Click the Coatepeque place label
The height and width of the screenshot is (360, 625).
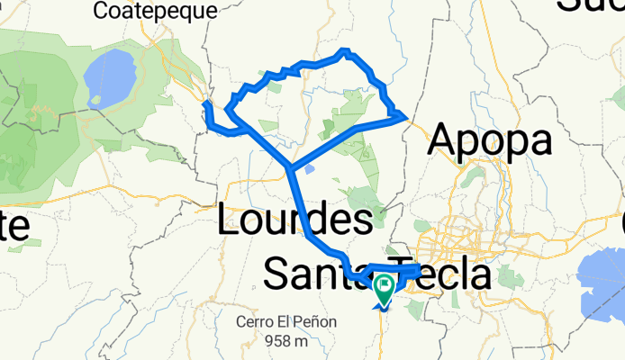[155, 11]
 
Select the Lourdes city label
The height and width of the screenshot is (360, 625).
[295, 220]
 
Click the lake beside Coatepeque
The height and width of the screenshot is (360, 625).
[110, 76]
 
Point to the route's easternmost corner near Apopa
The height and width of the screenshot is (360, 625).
[403, 115]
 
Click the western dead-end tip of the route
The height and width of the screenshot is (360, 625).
[207, 104]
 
